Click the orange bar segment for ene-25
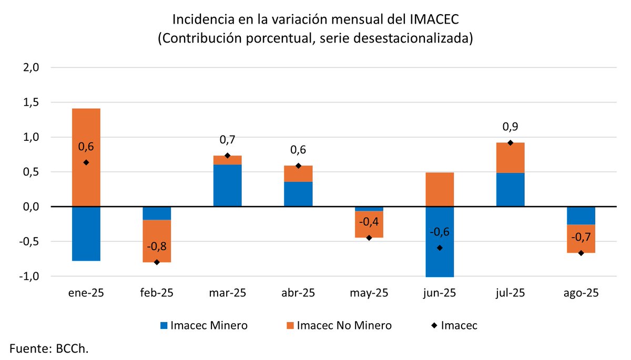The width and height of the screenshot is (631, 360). [x=86, y=158]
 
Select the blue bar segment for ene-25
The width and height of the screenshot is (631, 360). [x=86, y=234]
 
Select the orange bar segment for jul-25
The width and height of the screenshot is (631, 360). [x=510, y=158]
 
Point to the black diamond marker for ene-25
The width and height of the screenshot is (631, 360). [x=86, y=162]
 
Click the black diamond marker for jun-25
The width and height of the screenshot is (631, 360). [x=439, y=248]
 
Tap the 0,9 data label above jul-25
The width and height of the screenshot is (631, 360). [x=510, y=127]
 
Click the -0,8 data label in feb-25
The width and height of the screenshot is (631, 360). [x=157, y=246]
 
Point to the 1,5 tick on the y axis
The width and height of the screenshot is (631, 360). [x=31, y=102]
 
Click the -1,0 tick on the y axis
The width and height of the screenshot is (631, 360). [x=30, y=276]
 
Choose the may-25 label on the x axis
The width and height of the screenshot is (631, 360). [x=368, y=293]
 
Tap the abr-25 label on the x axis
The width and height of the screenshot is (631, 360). [x=298, y=293]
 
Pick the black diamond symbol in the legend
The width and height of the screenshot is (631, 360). [x=433, y=325]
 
